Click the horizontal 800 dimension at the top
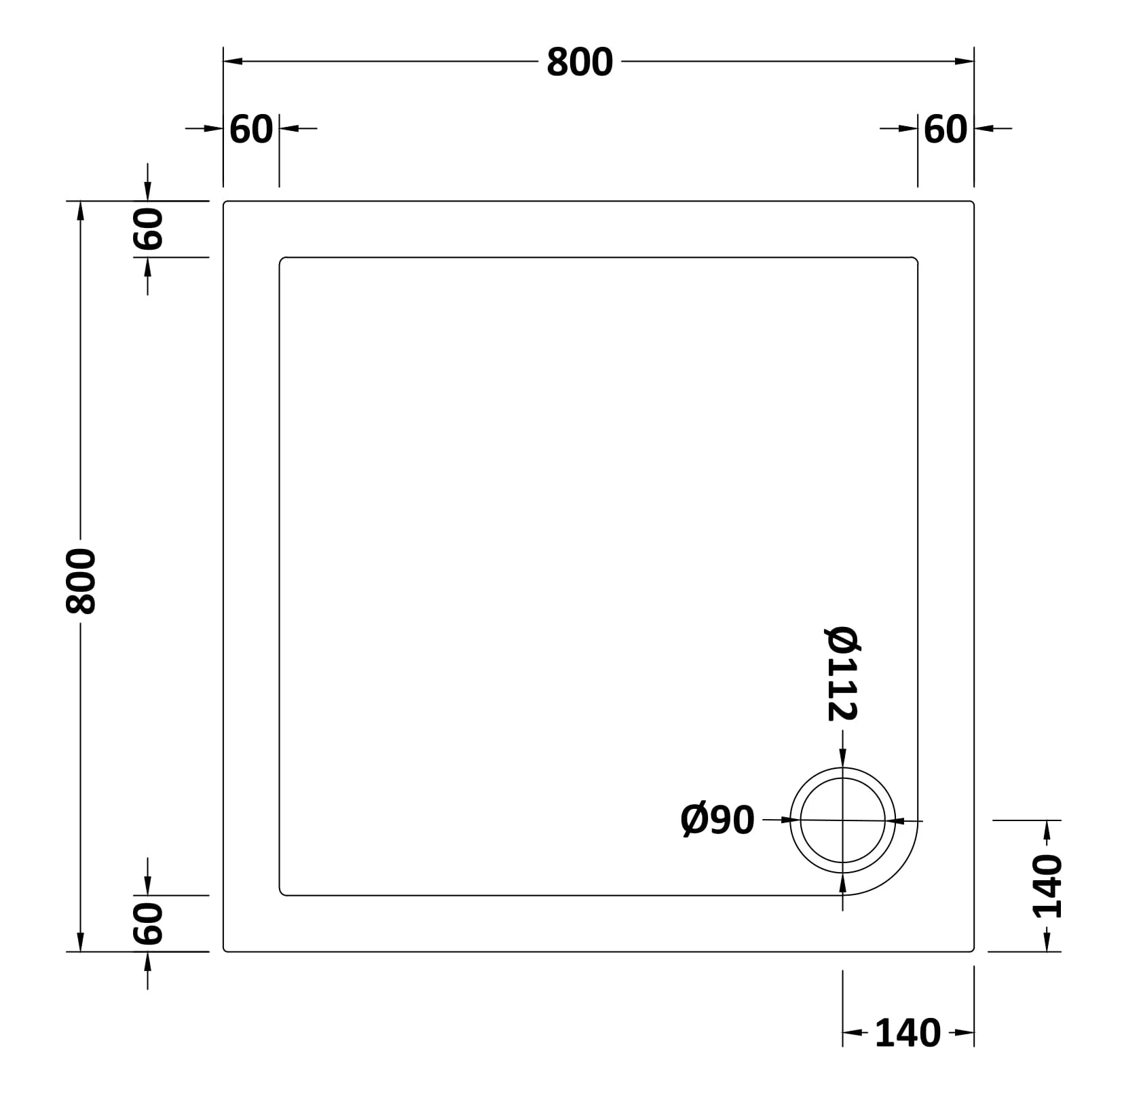click(579, 62)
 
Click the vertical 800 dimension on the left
click(81, 582)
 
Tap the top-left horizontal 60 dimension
click(251, 129)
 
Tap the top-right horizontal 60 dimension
click(946, 129)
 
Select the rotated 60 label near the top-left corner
click(149, 229)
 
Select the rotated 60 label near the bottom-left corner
click(149, 924)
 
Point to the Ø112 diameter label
click(842, 673)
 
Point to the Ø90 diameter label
click(717, 820)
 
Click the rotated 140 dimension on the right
click(1047, 887)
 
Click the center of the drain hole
click(843, 820)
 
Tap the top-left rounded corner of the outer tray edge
click(226, 203)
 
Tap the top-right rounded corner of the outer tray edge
click(972, 203)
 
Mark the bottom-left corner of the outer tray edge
click(226, 950)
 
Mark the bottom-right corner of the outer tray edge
click(972, 950)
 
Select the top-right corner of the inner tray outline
click(916, 260)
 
